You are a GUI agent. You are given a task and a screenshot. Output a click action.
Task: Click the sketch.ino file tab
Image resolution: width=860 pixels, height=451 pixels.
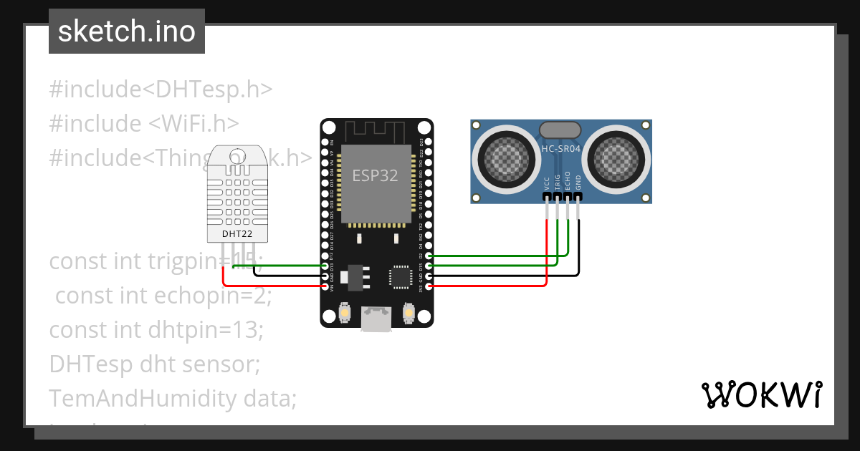[x=126, y=31]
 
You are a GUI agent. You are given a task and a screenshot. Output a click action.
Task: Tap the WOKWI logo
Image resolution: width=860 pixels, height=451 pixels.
[x=760, y=394]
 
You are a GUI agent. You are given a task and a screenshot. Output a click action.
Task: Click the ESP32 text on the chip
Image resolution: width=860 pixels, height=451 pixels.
[x=375, y=175]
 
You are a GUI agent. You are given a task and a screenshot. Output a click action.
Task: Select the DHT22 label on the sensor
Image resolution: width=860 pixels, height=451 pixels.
[x=236, y=233]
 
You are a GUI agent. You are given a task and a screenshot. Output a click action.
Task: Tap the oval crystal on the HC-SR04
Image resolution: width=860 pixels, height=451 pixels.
[x=560, y=130]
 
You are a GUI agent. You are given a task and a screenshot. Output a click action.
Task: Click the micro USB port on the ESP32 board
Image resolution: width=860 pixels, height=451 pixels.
[x=376, y=319]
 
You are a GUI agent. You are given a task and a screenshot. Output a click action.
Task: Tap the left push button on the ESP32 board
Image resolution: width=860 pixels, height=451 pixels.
[x=344, y=313]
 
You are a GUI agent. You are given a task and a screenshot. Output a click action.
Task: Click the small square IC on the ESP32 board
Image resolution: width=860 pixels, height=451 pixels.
[x=400, y=277]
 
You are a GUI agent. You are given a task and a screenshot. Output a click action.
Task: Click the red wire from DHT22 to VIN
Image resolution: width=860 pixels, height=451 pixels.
[x=272, y=286]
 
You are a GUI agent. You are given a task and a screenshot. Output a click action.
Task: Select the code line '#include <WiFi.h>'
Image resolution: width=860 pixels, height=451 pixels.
[x=143, y=123]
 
